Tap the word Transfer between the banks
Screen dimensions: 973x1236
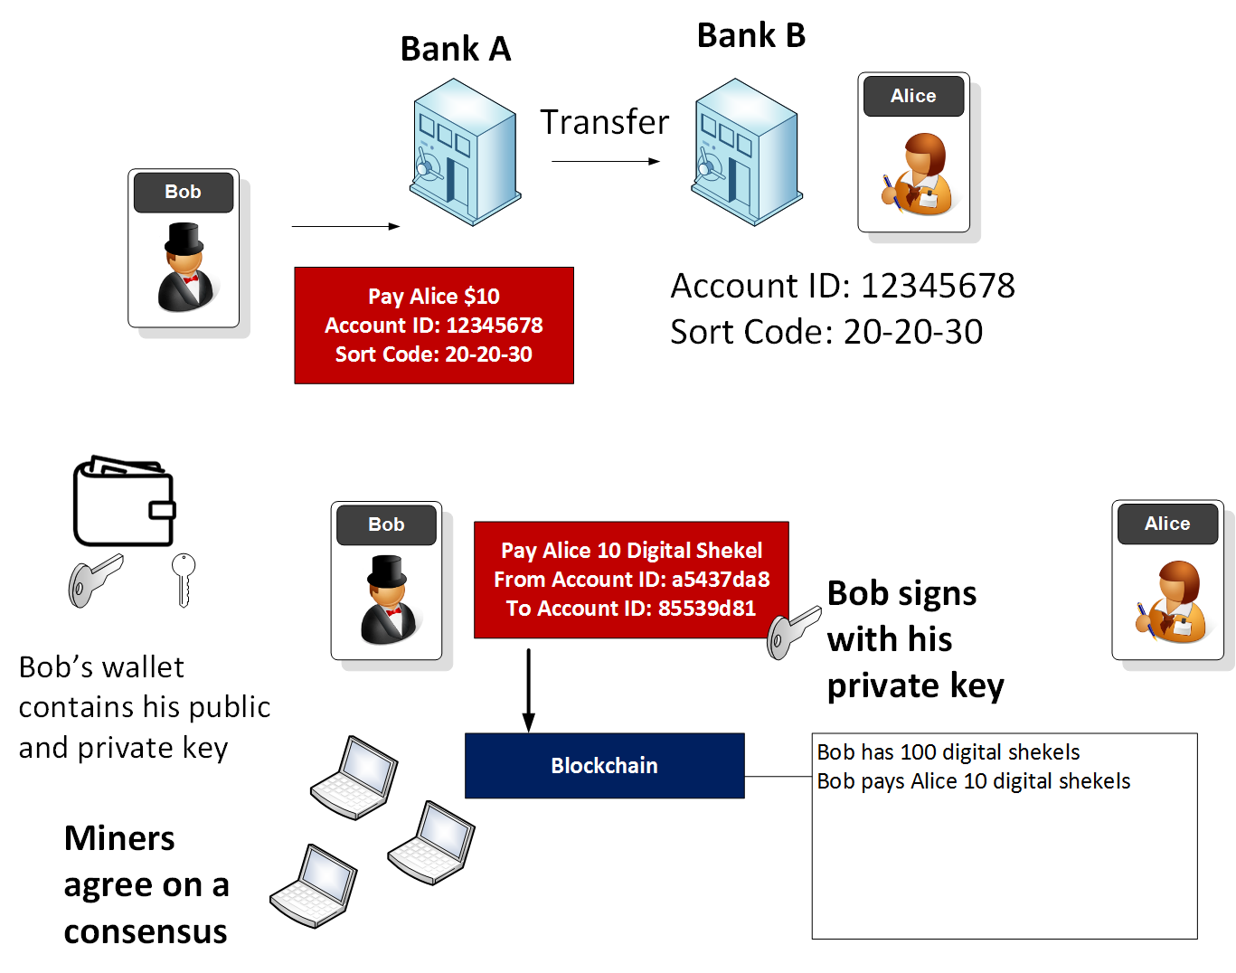pos(604,122)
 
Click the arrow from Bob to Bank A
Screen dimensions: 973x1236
pos(345,226)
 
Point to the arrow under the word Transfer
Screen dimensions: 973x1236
pos(605,162)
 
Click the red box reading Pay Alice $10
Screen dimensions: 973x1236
pos(434,325)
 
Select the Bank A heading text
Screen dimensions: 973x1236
pos(456,49)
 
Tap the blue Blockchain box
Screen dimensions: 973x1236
pos(604,766)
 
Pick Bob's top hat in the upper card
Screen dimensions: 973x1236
pos(184,239)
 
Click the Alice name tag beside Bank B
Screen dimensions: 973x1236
pos(913,96)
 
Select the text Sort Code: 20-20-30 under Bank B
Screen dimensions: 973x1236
pos(826,332)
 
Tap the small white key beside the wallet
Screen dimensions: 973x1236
pos(184,579)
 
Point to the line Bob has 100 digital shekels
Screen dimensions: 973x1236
pos(948,751)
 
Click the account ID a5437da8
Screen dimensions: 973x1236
pos(720,580)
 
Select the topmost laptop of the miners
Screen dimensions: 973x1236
pos(354,779)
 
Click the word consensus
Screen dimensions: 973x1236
pos(146,931)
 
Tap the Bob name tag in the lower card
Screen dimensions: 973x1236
pos(386,524)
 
